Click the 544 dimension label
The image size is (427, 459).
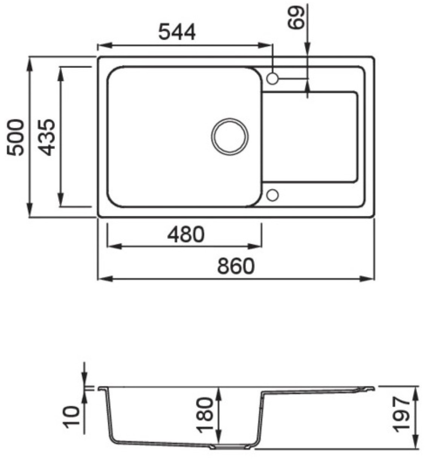[177, 33]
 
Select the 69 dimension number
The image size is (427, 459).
[295, 17]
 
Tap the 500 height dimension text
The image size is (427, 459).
[15, 137]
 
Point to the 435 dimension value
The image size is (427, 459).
[47, 137]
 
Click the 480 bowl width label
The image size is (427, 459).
[186, 234]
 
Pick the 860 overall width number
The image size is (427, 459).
[236, 266]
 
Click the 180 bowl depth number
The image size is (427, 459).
[205, 415]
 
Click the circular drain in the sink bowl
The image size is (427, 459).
[230, 136]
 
